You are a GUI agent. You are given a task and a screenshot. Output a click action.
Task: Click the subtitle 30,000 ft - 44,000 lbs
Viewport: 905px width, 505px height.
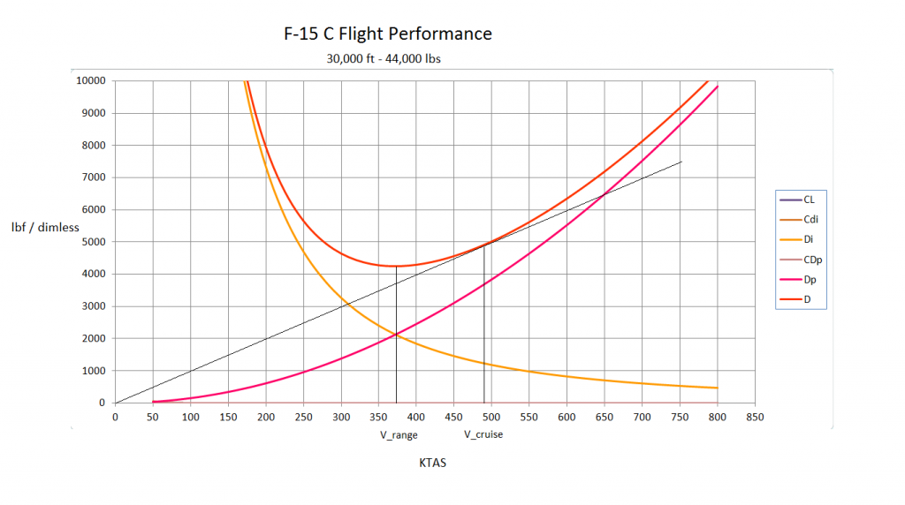click(x=384, y=60)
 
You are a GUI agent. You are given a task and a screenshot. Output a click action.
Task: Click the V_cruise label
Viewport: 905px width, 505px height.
click(x=483, y=434)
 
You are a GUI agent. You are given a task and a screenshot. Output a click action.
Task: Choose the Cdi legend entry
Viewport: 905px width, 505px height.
click(x=809, y=220)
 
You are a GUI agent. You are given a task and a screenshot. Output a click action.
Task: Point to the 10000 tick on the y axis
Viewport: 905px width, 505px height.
click(x=91, y=81)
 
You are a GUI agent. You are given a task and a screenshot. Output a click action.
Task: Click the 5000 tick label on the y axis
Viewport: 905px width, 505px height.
click(x=94, y=242)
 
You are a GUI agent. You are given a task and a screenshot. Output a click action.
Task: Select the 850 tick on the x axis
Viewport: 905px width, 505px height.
click(x=754, y=417)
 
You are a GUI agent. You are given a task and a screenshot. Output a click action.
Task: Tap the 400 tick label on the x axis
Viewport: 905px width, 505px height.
click(x=416, y=417)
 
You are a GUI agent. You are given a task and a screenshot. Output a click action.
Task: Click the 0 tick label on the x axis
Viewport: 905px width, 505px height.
click(x=115, y=417)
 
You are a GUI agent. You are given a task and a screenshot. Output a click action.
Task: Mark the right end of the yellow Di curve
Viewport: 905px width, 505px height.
click(x=717, y=388)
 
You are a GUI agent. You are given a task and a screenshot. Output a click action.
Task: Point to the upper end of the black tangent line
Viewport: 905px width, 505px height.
click(x=681, y=162)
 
